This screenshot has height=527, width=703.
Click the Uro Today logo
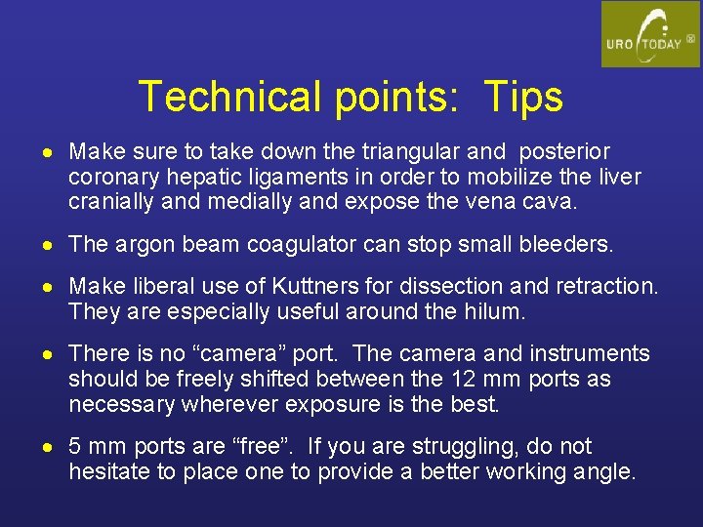[x=649, y=34]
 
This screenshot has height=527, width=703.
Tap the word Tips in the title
[x=520, y=98]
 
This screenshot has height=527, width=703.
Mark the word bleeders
[x=567, y=245]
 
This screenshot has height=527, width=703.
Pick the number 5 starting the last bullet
[x=75, y=447]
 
